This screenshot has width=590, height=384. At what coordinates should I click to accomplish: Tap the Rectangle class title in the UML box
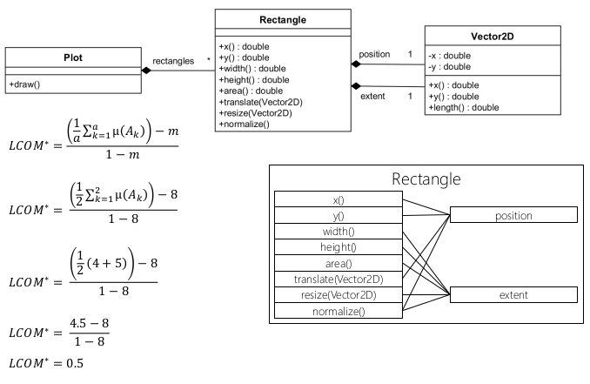click(x=283, y=19)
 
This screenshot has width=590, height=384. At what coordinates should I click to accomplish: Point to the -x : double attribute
click(x=451, y=55)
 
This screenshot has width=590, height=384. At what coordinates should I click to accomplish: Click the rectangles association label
click(x=173, y=61)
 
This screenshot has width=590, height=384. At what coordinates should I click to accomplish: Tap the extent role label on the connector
click(x=372, y=96)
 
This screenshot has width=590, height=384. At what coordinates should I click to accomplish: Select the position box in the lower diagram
click(x=513, y=214)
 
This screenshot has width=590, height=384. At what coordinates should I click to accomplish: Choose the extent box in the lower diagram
click(x=513, y=295)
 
